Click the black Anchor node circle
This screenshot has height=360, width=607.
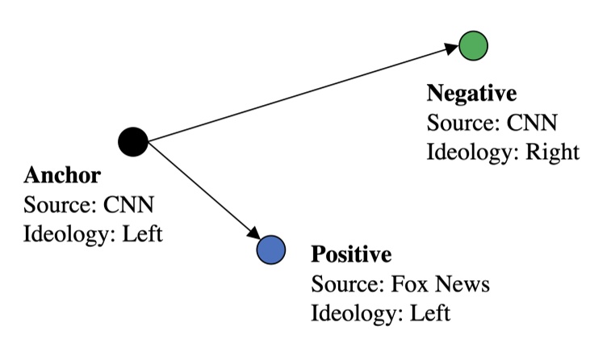[x=132, y=142]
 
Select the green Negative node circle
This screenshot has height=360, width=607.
[x=472, y=45]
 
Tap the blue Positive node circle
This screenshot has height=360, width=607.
[x=270, y=249]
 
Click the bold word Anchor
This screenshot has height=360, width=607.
[x=62, y=175]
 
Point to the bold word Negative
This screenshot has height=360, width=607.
[x=471, y=94]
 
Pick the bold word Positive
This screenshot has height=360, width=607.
[x=350, y=256]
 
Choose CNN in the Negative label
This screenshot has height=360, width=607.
[x=532, y=123]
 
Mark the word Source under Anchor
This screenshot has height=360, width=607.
[x=53, y=205]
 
